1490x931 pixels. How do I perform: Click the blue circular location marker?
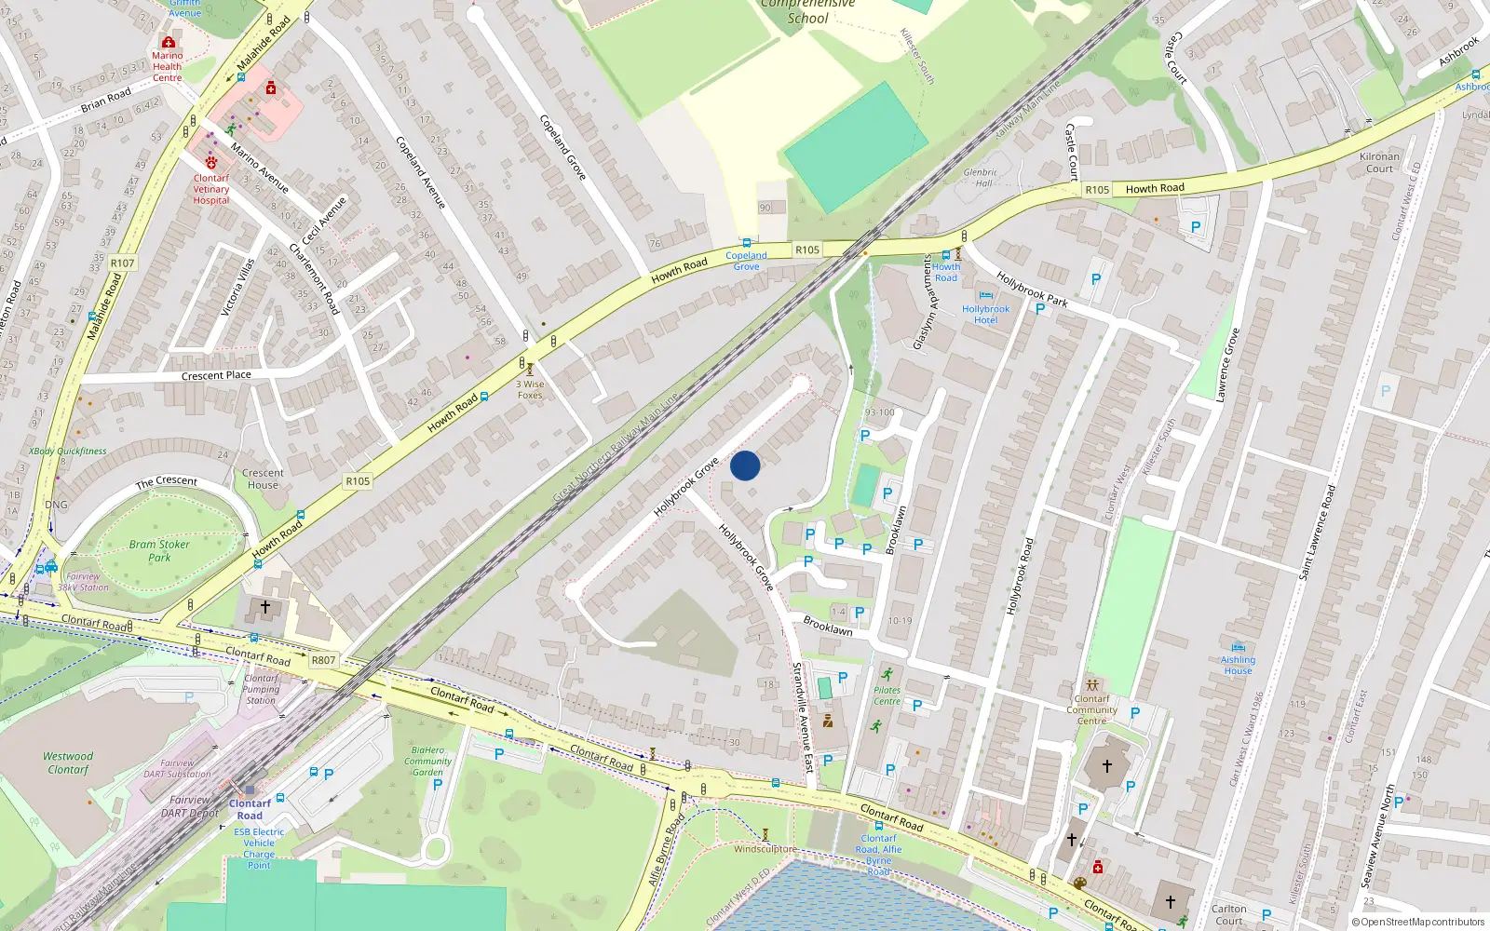(x=745, y=465)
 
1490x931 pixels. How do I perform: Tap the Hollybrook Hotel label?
(x=985, y=315)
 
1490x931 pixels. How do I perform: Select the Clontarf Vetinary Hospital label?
(x=211, y=189)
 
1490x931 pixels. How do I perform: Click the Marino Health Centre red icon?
(x=168, y=43)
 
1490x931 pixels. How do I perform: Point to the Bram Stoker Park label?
(x=159, y=550)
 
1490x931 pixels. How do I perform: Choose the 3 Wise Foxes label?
(x=530, y=389)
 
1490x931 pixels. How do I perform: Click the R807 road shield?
(x=323, y=660)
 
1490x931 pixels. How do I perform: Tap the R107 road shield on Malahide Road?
(x=122, y=263)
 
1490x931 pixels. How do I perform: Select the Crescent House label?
(x=263, y=479)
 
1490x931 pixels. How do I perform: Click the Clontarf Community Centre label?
(x=1091, y=709)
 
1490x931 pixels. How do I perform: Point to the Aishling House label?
(x=1238, y=665)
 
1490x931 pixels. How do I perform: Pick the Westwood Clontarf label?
(x=68, y=762)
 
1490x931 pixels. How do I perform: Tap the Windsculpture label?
(x=765, y=849)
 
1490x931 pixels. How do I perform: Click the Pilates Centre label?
(x=887, y=695)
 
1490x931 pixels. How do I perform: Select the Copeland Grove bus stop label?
(x=746, y=261)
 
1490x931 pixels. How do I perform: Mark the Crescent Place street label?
(x=216, y=375)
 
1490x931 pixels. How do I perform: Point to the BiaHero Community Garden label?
(x=427, y=761)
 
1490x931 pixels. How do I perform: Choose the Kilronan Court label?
(x=1379, y=162)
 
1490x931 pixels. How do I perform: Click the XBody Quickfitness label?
(x=67, y=452)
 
